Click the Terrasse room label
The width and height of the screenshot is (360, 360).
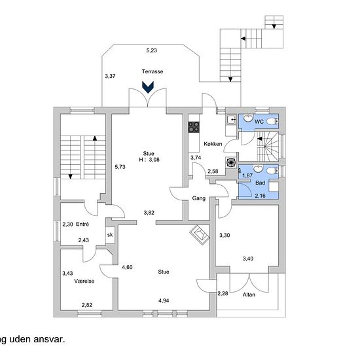click(x=153, y=71)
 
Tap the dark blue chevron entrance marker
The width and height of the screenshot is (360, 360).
click(x=148, y=87)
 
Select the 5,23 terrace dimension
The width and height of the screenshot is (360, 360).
click(x=152, y=50)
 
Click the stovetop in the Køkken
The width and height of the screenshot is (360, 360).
click(x=194, y=127)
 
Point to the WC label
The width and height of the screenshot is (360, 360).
click(x=259, y=122)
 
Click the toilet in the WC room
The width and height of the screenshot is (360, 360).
click(x=273, y=121)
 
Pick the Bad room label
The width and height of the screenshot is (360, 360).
click(x=260, y=183)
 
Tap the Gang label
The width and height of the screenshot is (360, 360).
click(x=199, y=198)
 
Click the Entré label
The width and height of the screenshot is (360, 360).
click(x=82, y=224)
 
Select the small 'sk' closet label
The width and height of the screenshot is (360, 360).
click(x=110, y=235)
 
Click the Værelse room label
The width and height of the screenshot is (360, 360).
click(x=84, y=281)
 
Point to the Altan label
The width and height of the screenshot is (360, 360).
click(x=249, y=295)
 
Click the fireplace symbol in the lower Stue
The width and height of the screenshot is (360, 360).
click(x=199, y=235)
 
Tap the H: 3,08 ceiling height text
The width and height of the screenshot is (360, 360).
click(x=149, y=160)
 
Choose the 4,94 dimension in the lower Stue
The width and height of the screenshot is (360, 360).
click(x=164, y=300)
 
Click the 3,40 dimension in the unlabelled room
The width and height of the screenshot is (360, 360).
click(x=248, y=259)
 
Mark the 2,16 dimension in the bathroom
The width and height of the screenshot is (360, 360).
click(x=260, y=196)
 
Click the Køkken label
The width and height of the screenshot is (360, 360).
click(x=213, y=144)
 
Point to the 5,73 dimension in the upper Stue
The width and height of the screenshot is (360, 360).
click(x=120, y=167)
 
